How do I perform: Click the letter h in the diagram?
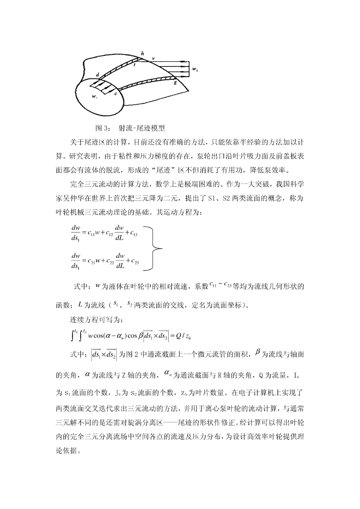(x=142, y=54)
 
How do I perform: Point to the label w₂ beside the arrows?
(x=195, y=70)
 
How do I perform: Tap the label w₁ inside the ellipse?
(x=94, y=97)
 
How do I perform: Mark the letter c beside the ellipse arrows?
(x=116, y=93)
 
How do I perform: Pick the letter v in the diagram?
(x=153, y=59)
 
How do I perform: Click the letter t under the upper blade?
(x=134, y=65)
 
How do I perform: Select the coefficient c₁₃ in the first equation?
(x=134, y=233)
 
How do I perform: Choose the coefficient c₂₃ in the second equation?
(x=134, y=262)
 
